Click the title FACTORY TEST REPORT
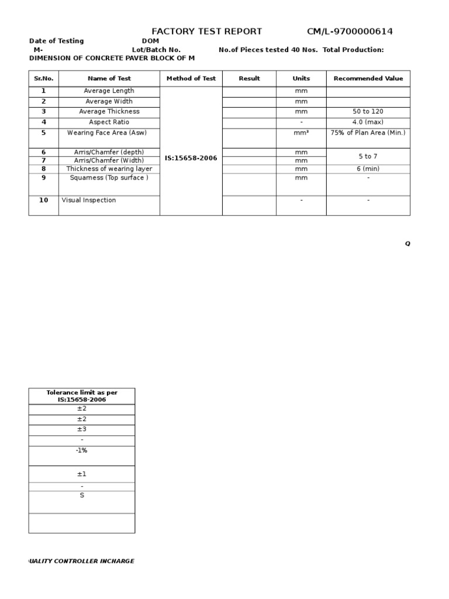(206, 32)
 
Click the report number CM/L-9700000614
(350, 32)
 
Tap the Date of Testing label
(56, 41)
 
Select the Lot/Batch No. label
(156, 50)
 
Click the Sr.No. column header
(43, 78)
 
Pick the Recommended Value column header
(368, 78)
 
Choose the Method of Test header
(191, 78)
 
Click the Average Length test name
(109, 91)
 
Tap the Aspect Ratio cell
(109, 122)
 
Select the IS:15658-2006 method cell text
(191, 158)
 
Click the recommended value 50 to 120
(368, 112)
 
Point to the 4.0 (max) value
(368, 122)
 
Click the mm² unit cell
(301, 133)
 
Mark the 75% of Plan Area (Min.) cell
(368, 133)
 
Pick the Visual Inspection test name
(89, 200)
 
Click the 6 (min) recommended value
(368, 168)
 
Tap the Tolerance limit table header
(82, 396)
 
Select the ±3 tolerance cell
(82, 429)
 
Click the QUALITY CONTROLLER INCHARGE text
(82, 561)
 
